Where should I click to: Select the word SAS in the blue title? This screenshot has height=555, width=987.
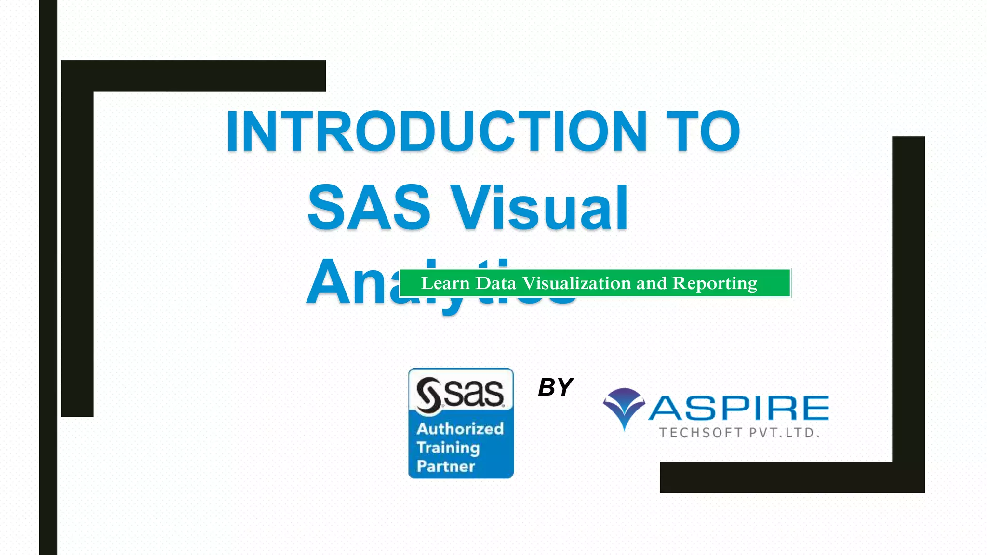coord(369,207)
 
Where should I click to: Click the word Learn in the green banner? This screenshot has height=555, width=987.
coord(445,283)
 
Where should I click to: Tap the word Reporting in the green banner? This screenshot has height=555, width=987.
coord(715,283)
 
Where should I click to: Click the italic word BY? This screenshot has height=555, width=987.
coord(555,387)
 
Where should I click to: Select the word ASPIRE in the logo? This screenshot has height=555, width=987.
coord(738,409)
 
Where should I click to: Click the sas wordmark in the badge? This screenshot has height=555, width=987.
coord(474,393)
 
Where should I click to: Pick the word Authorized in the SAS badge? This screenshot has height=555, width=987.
coord(460,428)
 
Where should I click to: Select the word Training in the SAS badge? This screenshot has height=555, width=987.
coord(448,448)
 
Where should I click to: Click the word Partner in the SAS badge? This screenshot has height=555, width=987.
coord(446,466)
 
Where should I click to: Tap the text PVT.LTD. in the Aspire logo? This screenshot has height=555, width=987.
coord(785,433)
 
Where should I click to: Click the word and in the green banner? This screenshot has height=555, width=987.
coord(652,283)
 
